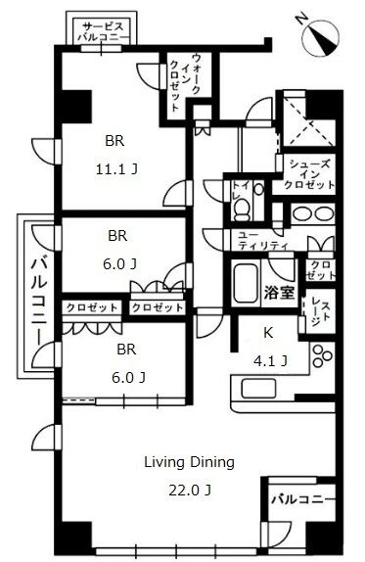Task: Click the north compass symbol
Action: pos(321,38)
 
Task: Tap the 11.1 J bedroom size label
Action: pos(116,168)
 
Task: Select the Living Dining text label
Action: pos(189,462)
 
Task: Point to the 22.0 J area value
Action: pos(190,490)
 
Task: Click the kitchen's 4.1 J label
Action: pos(270,360)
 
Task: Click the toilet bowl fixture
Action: pos(242,211)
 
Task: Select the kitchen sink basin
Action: pos(258,389)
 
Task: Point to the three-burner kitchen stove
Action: pos(322,355)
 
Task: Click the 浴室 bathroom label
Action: pos(280,293)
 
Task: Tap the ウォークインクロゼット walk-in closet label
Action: pos(185,82)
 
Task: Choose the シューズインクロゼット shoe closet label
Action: pos(309,174)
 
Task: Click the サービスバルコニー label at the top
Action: pos(103,31)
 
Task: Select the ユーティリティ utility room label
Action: pos(263,241)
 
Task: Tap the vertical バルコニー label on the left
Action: pos(39,299)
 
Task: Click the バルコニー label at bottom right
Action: pos(302,499)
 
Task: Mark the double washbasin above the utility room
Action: pos(313,214)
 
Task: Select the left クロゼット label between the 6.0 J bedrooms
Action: pos(92,307)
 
